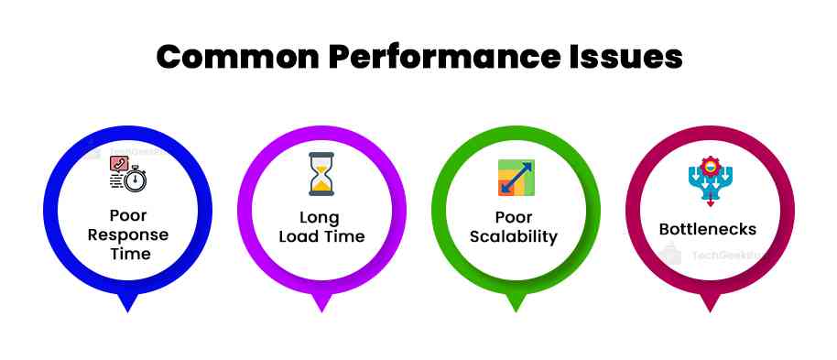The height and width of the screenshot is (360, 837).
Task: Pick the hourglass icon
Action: [321, 174]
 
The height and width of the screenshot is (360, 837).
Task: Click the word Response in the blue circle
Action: [127, 235]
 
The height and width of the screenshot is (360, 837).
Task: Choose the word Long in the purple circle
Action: [320, 218]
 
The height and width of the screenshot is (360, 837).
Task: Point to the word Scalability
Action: [514, 236]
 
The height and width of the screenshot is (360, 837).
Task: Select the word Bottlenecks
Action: [708, 229]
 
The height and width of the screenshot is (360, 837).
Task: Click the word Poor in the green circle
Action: [514, 218]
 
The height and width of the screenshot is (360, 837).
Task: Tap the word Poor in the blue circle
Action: [127, 217]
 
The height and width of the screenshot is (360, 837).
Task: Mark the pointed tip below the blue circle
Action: [127, 305]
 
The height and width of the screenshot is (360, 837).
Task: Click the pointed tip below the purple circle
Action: [321, 305]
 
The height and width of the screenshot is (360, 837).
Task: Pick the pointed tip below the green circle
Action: [515, 305]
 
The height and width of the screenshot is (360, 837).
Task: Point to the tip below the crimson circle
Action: [709, 305]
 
